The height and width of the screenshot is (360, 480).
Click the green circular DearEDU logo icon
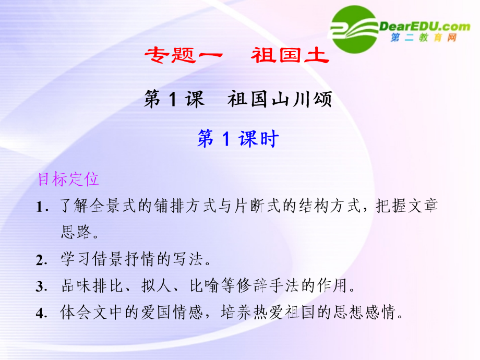tap(354, 29)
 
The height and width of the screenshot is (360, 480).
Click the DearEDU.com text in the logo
tap(425, 27)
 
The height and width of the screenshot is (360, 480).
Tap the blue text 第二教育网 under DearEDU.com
tap(424, 38)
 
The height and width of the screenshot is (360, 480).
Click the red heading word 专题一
tap(184, 55)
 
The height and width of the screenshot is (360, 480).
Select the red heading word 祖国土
tap(290, 55)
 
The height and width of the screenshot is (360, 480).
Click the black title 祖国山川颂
tap(280, 99)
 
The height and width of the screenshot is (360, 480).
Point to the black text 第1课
tap(174, 99)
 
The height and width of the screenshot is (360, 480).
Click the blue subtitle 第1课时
tap(238, 138)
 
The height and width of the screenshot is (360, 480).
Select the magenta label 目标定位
tap(68, 179)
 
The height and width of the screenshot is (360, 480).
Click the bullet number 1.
tap(42, 207)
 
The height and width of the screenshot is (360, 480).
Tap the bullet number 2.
tap(41, 260)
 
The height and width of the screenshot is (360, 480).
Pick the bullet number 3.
tap(41, 287)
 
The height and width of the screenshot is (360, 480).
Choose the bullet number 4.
tap(41, 314)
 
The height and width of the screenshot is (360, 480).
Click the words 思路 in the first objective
tap(76, 232)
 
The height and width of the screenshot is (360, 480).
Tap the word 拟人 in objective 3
tap(156, 285)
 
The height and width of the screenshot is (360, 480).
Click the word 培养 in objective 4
tap(236, 312)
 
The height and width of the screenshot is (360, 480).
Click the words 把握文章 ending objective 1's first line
tap(407, 206)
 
